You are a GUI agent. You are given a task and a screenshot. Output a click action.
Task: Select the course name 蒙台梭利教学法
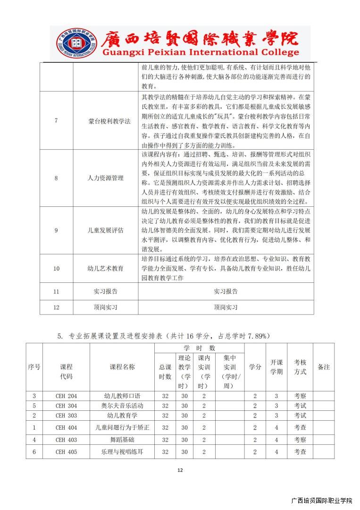106,121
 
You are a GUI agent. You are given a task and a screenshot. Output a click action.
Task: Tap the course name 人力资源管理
106,178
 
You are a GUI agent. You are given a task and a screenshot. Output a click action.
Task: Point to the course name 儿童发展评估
106,230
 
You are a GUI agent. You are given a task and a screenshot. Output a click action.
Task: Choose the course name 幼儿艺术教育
106,268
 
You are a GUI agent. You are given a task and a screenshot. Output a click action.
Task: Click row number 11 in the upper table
56,291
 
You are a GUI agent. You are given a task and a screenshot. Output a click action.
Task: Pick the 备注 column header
324,367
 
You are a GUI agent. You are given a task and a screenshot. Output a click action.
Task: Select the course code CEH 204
66,396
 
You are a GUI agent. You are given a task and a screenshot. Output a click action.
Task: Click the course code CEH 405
66,452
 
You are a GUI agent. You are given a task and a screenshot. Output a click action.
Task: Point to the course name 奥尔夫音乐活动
122,406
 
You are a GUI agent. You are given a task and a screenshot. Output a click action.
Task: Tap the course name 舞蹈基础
122,440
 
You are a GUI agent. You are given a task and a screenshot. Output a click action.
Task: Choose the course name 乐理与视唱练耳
122,452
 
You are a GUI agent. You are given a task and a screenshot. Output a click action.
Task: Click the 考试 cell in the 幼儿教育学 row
300,416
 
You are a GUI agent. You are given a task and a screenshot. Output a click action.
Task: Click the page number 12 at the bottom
180,470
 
